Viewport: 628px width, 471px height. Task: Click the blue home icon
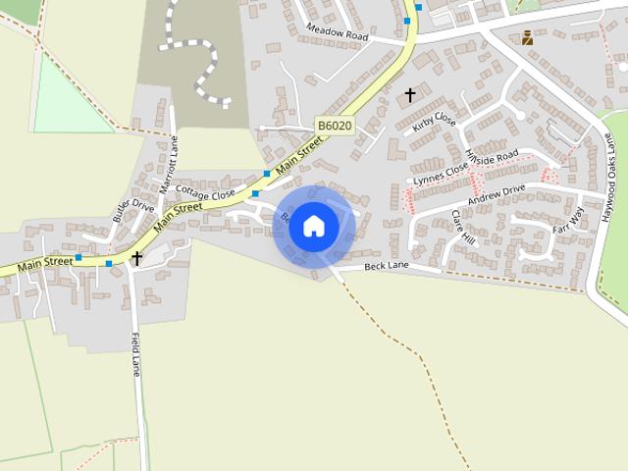[x=313, y=226]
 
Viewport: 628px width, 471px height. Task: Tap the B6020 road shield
[x=334, y=127]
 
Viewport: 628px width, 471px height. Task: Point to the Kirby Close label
[x=434, y=123]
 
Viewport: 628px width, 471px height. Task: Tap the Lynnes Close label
[x=441, y=173]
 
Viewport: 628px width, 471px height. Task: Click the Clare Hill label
[x=462, y=227]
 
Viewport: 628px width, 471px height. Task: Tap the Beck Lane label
[x=385, y=266]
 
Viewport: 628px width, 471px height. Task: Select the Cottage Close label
[x=206, y=187]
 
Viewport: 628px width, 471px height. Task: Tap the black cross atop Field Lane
[x=137, y=258]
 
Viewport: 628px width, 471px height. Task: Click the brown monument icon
[x=528, y=37]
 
